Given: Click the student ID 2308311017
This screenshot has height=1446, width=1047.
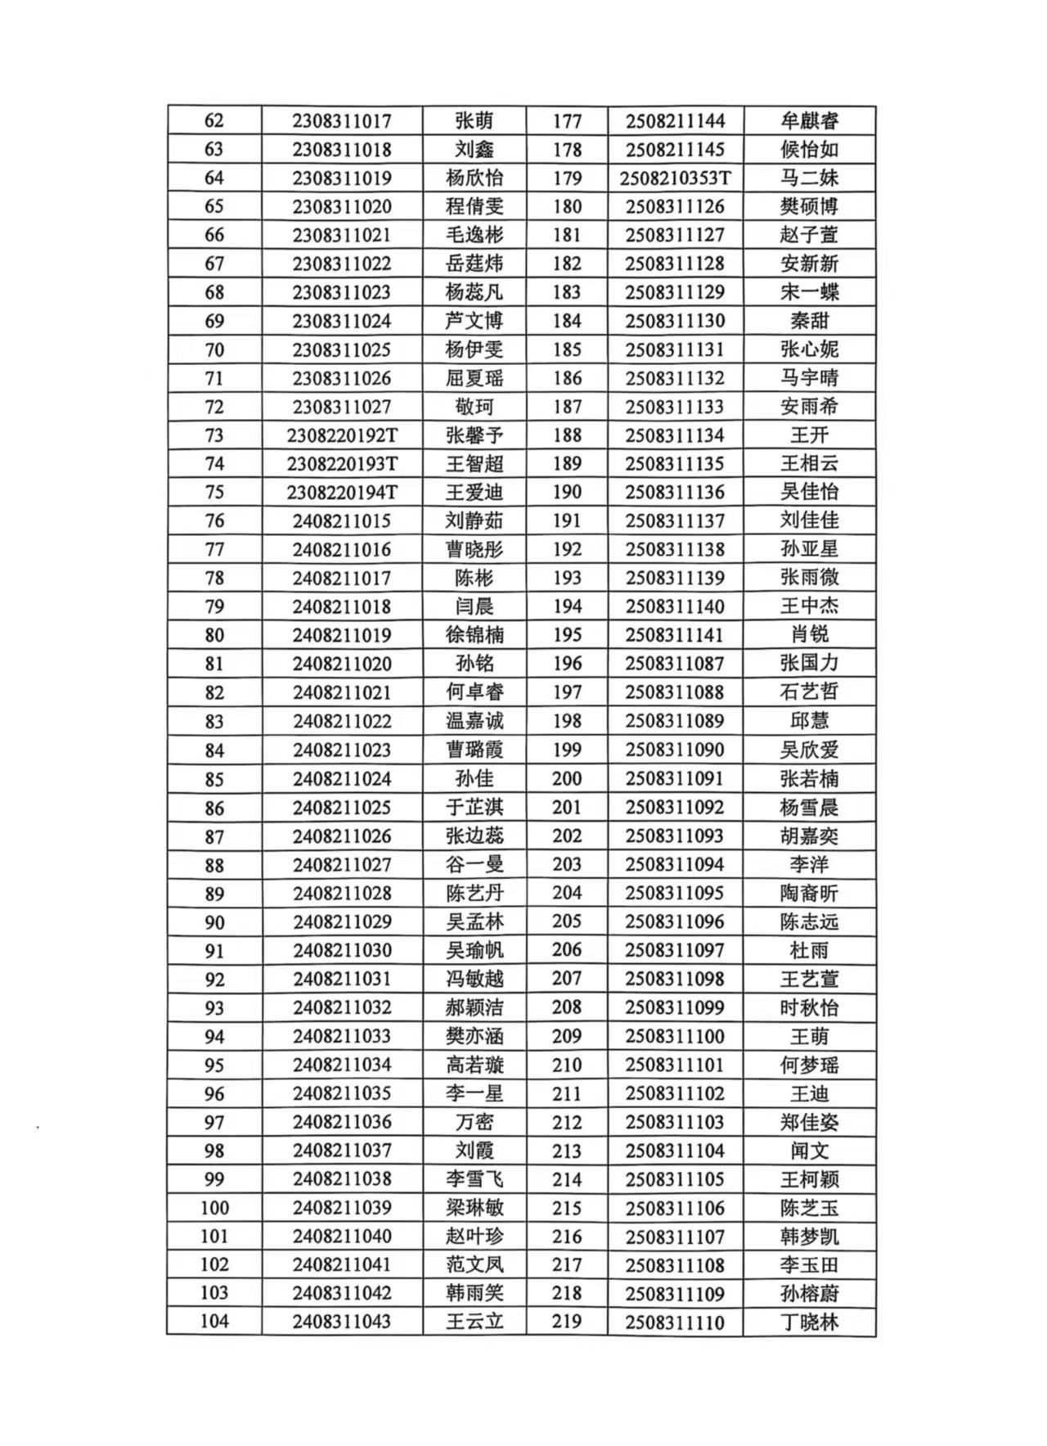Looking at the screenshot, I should (x=342, y=121).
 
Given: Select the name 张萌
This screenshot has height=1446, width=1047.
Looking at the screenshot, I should (x=474, y=121).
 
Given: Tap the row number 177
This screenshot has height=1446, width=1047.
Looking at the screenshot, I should (x=567, y=121).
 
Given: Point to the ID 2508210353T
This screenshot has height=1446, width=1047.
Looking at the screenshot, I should (x=675, y=178).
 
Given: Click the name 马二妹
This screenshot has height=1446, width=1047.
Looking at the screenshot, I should (x=809, y=178).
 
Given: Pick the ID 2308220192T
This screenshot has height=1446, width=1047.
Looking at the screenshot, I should (x=342, y=435).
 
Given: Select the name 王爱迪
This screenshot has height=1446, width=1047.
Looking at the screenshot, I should (x=474, y=493).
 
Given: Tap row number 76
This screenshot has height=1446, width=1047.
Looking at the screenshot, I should (x=214, y=521).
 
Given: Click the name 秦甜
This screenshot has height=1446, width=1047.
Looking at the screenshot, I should (x=809, y=321).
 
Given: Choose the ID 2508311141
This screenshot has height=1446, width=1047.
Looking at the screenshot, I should (x=675, y=635).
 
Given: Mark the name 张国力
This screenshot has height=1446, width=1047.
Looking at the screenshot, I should (x=809, y=664).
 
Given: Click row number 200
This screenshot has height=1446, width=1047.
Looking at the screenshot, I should (x=567, y=778).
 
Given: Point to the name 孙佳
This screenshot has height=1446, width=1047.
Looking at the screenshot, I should (x=474, y=778).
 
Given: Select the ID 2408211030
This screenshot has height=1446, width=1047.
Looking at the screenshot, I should (x=342, y=950).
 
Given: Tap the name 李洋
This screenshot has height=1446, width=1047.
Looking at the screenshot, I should (x=809, y=864).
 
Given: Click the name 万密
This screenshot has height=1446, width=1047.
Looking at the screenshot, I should (x=474, y=1122).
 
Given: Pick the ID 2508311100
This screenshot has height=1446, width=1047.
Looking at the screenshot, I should (x=675, y=1036).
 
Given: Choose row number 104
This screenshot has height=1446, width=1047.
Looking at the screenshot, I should (x=214, y=1321).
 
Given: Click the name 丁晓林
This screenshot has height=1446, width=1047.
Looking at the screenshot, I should (x=809, y=1322).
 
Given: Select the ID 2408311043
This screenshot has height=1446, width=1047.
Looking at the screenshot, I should (x=342, y=1321).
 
